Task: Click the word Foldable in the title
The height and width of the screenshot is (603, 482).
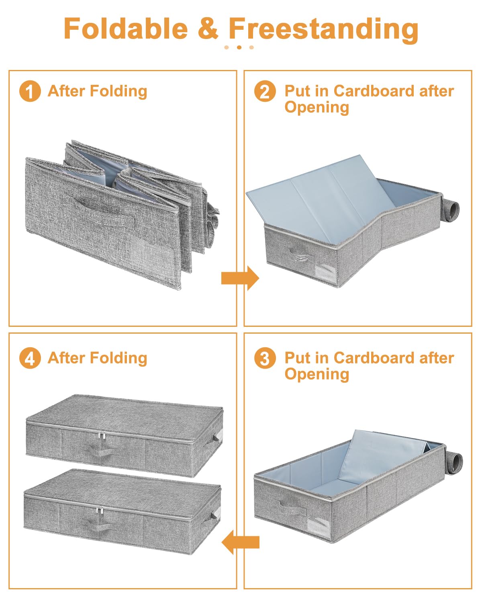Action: point(126,29)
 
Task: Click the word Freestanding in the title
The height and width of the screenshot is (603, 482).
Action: point(323,29)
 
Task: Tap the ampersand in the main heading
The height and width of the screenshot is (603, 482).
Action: point(208,29)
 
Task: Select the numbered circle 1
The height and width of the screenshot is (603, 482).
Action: point(30,91)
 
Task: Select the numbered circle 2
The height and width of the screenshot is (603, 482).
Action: point(265,91)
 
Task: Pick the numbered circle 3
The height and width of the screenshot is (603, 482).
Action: point(265,358)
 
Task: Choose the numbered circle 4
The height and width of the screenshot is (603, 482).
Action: point(30,358)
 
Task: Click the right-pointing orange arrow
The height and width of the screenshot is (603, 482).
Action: point(240,278)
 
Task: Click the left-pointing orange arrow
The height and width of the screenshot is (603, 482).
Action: point(240,542)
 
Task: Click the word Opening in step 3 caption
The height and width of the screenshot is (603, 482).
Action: point(317,374)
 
